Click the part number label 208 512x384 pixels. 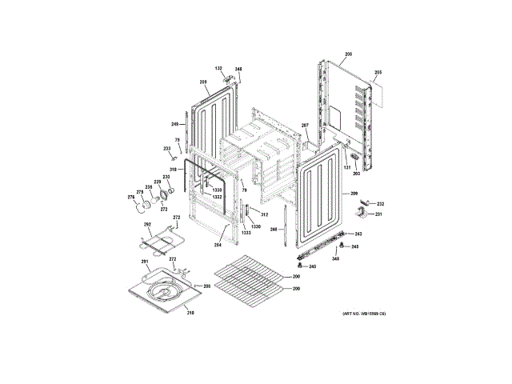(x=348, y=54)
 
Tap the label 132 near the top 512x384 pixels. (x=218, y=69)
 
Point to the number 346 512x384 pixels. (x=238, y=69)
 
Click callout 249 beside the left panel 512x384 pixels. (x=174, y=123)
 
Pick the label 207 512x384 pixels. (x=304, y=126)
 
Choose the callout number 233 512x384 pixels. (x=167, y=149)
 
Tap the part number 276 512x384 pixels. (x=131, y=197)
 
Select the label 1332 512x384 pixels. (x=217, y=196)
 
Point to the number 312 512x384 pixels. (x=263, y=214)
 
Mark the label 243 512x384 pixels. (x=358, y=234)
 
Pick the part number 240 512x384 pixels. (x=312, y=266)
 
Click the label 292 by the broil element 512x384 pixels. (x=146, y=236)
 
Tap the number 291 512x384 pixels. (x=145, y=262)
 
